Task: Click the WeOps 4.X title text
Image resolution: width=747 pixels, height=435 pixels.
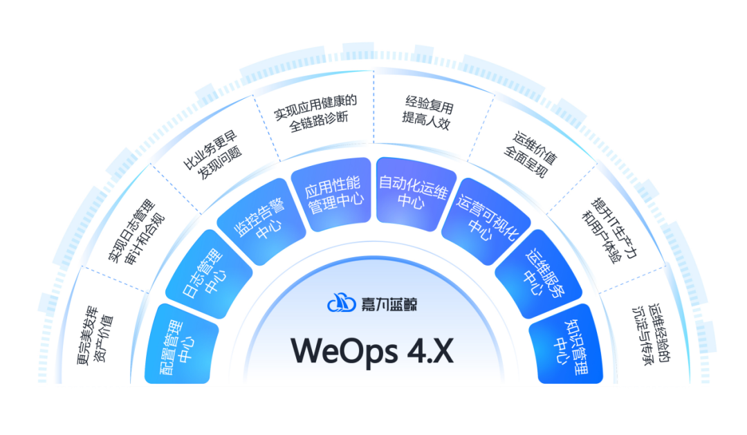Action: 372,350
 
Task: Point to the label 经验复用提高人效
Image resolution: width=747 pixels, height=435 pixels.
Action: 428,111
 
